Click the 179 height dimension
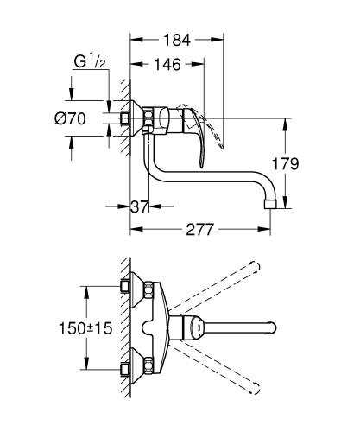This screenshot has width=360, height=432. (297, 162)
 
